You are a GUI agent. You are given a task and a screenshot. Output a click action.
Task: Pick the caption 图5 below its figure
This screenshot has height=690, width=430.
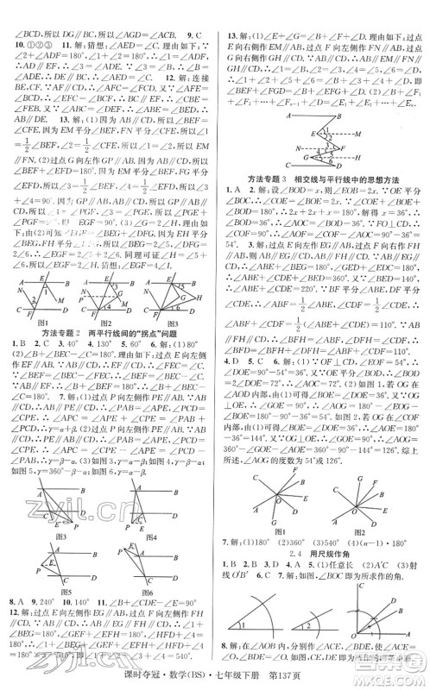tap(57, 594)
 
